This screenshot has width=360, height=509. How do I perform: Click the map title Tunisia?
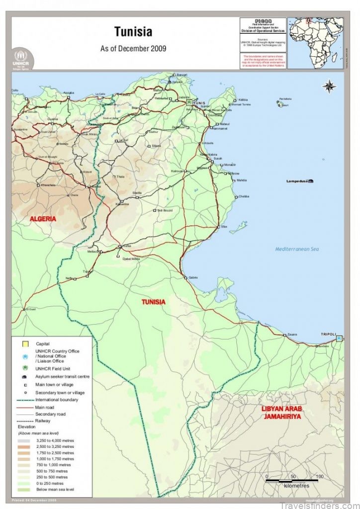133,32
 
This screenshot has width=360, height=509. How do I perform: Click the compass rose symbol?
329,86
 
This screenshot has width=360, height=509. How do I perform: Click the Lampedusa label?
297,181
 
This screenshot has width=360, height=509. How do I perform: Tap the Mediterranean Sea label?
297,249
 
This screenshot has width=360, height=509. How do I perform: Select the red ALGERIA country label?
43,219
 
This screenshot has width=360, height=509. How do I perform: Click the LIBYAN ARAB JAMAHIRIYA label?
281,413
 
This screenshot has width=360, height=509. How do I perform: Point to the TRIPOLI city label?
328,334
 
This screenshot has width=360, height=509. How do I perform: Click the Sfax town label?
224,226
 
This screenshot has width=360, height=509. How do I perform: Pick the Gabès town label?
193,277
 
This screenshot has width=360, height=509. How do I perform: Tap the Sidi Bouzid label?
165,210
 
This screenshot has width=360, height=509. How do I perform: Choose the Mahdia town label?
242,180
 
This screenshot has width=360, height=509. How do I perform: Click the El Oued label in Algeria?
31,309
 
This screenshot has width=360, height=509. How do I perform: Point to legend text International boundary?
58,400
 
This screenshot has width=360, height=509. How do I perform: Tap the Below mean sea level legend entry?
55,490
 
